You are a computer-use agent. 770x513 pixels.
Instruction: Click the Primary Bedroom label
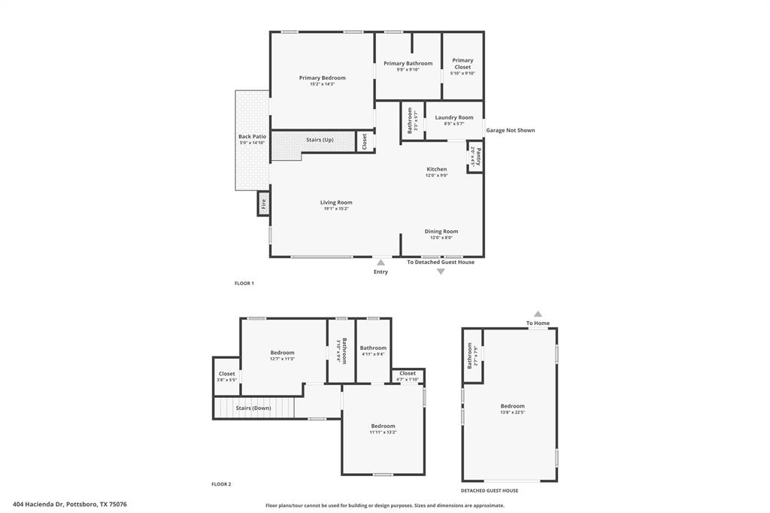pyautogui.click(x=322, y=78)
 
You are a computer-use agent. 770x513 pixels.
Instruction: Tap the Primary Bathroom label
pyautogui.click(x=408, y=64)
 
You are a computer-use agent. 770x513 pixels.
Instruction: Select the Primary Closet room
pyautogui.click(x=462, y=66)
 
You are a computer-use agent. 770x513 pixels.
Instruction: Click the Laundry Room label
pyautogui.click(x=454, y=117)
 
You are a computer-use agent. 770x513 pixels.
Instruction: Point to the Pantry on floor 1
pyautogui.click(x=475, y=158)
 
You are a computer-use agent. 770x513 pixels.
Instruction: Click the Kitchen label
pyautogui.click(x=436, y=169)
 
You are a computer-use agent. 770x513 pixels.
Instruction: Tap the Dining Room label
pyautogui.click(x=441, y=232)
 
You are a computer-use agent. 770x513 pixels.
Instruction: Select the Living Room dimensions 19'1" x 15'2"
pyautogui.click(x=336, y=208)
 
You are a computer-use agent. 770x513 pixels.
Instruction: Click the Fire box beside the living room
pyautogui.click(x=263, y=204)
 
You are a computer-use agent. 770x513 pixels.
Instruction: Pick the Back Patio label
pyautogui.click(x=252, y=137)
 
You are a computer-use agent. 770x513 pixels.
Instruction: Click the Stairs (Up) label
pyautogui.click(x=320, y=140)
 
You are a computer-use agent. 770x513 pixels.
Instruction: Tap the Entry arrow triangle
pyautogui.click(x=380, y=263)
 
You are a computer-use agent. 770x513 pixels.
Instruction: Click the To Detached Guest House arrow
pyautogui.click(x=441, y=272)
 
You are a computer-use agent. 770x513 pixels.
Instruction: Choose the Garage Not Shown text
pyautogui.click(x=510, y=130)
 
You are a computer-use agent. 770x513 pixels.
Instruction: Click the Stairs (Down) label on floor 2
pyautogui.click(x=253, y=408)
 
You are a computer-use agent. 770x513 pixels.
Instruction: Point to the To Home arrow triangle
pyautogui.click(x=538, y=314)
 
